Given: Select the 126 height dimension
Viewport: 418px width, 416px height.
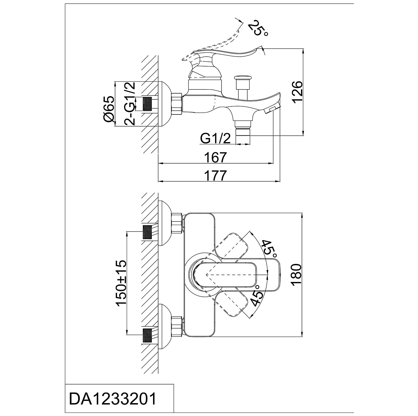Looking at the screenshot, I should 298,91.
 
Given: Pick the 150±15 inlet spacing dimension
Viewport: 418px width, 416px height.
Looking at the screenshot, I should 122,284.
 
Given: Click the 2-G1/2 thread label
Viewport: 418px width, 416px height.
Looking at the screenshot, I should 129,104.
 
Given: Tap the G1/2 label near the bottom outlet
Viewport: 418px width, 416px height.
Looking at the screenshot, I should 215,139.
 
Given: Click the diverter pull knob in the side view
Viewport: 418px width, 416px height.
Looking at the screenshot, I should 243,78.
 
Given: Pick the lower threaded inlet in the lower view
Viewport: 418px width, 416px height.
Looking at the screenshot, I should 147,336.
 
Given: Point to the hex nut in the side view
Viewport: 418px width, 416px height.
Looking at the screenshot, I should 177,103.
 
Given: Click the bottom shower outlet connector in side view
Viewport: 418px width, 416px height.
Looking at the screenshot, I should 243,133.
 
